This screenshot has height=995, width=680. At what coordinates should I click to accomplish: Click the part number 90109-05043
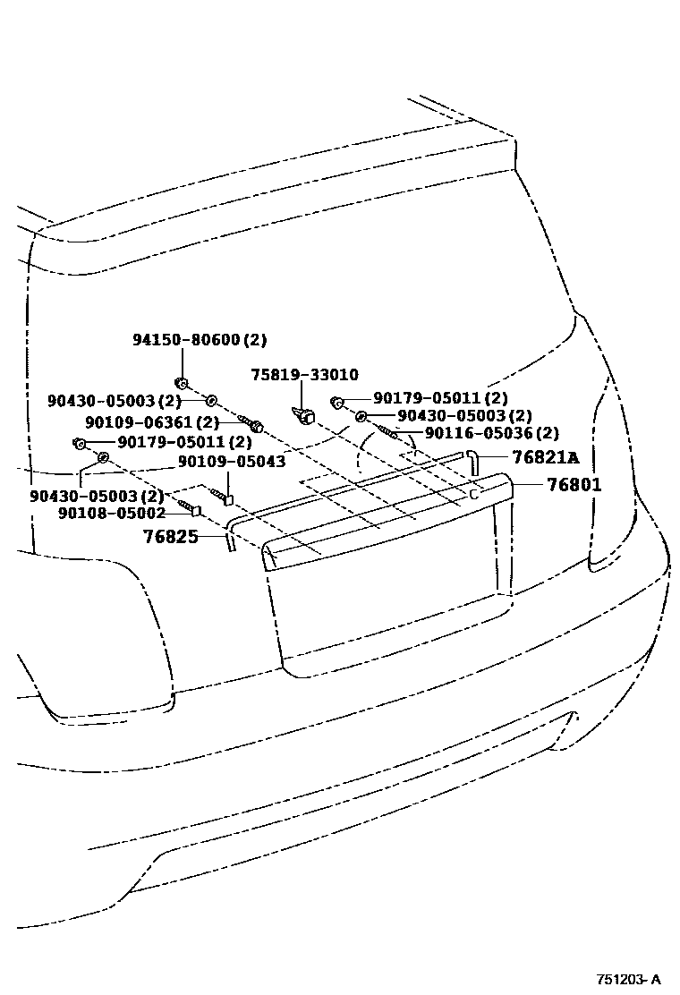[x=231, y=462]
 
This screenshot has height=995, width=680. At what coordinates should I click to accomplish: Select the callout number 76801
[x=568, y=485]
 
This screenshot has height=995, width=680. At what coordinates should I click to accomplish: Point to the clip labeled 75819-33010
[x=305, y=414]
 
